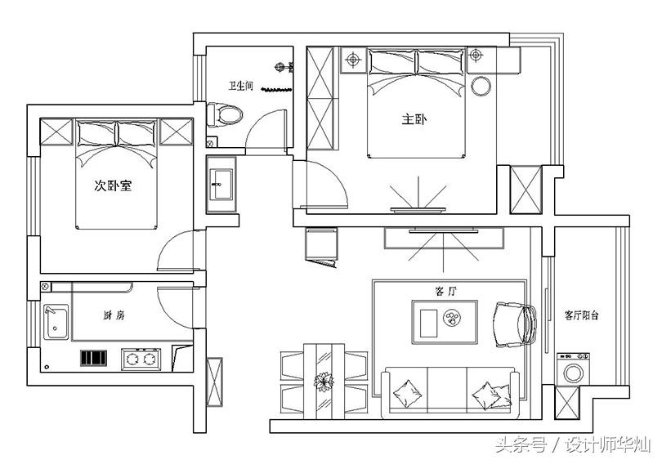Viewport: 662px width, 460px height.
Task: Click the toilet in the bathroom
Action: (x=225, y=114)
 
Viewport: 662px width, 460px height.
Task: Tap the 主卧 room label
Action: (x=414, y=119)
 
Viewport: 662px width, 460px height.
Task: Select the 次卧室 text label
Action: (x=113, y=185)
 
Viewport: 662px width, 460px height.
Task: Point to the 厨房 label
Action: (x=114, y=315)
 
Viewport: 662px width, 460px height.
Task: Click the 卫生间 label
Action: (x=240, y=86)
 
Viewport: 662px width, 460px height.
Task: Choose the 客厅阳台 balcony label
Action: (x=581, y=315)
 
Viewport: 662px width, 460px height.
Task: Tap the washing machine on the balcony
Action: (x=573, y=369)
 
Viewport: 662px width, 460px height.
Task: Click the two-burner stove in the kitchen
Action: (x=141, y=360)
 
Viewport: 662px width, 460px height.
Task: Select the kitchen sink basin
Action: (x=56, y=323)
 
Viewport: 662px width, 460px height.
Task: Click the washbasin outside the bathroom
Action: (x=221, y=184)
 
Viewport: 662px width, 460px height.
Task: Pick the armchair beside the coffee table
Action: (x=515, y=324)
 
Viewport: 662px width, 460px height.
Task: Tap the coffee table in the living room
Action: (x=445, y=323)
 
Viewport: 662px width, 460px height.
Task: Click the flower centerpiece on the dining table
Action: (x=324, y=382)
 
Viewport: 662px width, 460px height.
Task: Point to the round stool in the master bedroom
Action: (x=481, y=86)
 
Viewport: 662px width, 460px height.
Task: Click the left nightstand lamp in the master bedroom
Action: (x=353, y=60)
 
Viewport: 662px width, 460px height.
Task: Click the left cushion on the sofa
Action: (x=408, y=394)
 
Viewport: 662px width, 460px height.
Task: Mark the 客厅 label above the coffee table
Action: (x=445, y=291)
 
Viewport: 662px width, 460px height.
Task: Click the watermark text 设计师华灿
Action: (x=608, y=444)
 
